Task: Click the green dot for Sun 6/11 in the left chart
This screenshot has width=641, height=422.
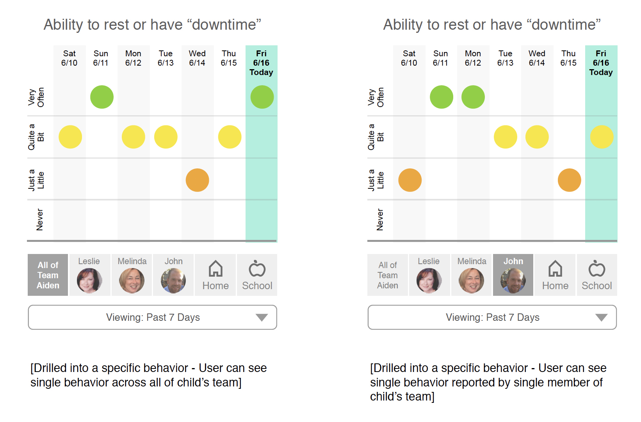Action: click(x=102, y=97)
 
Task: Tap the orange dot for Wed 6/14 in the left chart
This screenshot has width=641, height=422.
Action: click(x=198, y=180)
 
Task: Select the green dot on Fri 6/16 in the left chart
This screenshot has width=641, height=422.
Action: click(x=262, y=97)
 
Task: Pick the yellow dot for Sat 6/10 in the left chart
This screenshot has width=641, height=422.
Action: click(x=70, y=137)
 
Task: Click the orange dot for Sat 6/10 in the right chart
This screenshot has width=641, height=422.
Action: click(x=410, y=180)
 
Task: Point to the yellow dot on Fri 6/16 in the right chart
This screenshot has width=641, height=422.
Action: click(x=602, y=137)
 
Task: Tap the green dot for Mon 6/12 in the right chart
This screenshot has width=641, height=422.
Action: click(x=473, y=97)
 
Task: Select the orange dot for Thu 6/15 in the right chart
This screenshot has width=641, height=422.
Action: click(x=570, y=180)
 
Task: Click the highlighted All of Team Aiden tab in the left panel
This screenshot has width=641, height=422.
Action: click(x=48, y=275)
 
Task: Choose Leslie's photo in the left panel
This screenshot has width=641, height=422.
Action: click(x=89, y=281)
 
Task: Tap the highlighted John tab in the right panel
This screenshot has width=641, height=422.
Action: click(x=513, y=275)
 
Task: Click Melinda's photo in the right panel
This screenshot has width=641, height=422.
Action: click(x=471, y=281)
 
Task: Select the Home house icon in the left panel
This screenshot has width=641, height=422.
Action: click(x=215, y=268)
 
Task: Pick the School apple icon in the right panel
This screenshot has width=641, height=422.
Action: click(x=597, y=268)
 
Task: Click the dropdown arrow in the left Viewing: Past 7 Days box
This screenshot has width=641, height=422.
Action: click(x=262, y=317)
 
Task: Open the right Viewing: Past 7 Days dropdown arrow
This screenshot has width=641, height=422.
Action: click(x=601, y=317)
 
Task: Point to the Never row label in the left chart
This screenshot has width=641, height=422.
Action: click(x=39, y=220)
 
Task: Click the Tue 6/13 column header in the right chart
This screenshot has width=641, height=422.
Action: click(x=506, y=58)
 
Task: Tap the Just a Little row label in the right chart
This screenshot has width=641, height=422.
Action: click(x=376, y=180)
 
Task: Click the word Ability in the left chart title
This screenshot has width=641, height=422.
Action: click(x=64, y=25)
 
